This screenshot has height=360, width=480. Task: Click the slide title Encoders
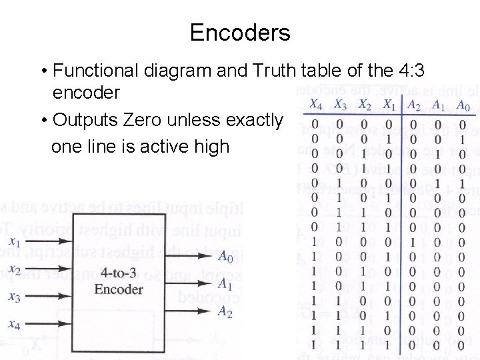click(240, 32)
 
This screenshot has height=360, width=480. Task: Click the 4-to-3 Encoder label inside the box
click(119, 281)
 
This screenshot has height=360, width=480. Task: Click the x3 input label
click(15, 297)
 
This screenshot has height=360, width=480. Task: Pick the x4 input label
click(15, 324)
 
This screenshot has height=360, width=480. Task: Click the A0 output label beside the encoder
click(225, 257)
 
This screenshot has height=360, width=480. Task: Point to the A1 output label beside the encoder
click(225, 285)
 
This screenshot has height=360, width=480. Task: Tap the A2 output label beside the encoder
click(225, 312)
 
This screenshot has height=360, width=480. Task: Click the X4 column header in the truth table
click(316, 105)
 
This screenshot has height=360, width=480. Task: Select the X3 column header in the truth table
click(340, 105)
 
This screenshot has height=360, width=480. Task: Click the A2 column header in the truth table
click(414, 105)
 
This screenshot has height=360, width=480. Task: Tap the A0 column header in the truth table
click(463, 105)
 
